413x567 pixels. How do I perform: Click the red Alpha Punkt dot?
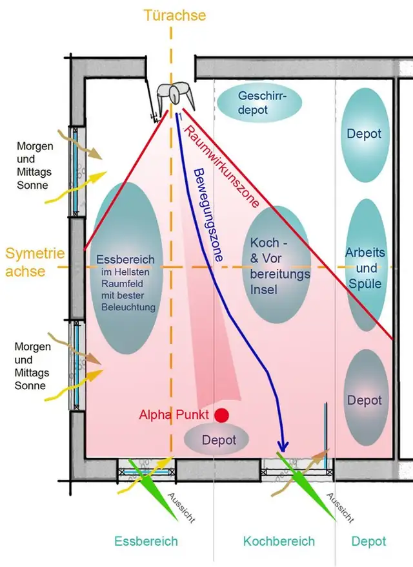click(x=223, y=415)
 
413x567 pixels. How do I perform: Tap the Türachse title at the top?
click(x=176, y=14)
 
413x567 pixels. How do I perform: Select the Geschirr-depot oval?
click(x=252, y=103)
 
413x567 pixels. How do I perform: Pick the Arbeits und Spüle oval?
click(x=365, y=267)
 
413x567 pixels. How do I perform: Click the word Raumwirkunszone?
click(x=222, y=166)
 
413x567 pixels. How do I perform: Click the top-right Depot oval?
click(x=364, y=134)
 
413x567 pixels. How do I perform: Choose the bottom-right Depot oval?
click(x=365, y=400)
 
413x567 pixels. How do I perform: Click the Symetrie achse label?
click(x=26, y=262)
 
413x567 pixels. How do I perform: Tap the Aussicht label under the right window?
click(x=339, y=508)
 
